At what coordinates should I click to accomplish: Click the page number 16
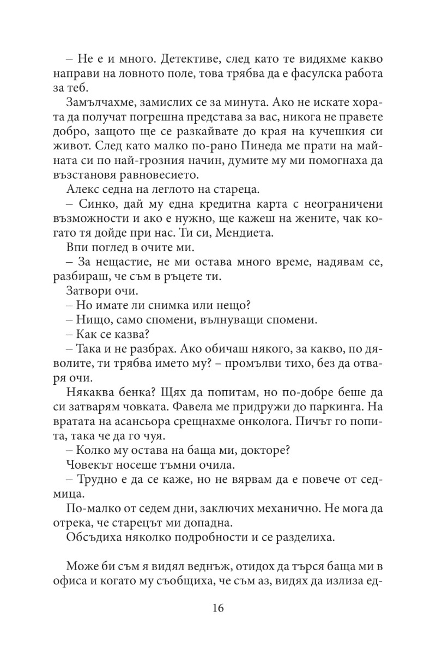pos(218,608)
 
